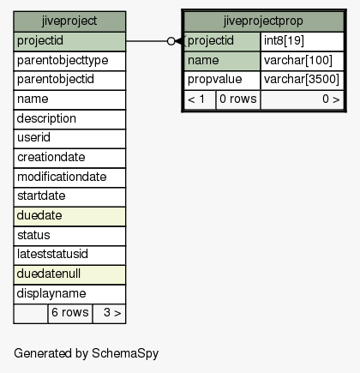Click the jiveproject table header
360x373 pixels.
(x=69, y=21)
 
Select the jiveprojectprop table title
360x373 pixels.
(x=263, y=21)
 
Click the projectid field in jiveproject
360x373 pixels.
(x=69, y=41)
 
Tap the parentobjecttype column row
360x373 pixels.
(x=69, y=61)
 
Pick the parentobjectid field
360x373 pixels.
(x=69, y=80)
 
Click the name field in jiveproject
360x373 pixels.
(x=69, y=99)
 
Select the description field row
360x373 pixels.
(x=69, y=119)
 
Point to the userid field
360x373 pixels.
(x=69, y=138)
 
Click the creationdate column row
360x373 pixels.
(x=69, y=158)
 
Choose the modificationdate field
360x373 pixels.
(x=69, y=177)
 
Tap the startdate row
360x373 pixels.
(x=69, y=196)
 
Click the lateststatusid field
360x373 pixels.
(x=69, y=255)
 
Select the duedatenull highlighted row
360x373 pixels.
(x=69, y=274)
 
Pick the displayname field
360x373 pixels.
(x=69, y=294)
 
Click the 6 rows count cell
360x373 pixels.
(x=70, y=314)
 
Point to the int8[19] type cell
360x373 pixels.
(x=302, y=41)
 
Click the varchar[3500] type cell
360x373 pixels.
(x=302, y=80)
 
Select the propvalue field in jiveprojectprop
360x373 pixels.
(x=222, y=80)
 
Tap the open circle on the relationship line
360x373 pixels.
(x=171, y=41)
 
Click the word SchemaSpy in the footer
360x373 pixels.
(x=125, y=354)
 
